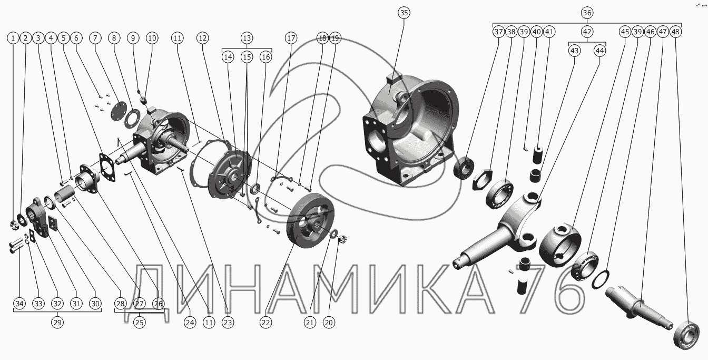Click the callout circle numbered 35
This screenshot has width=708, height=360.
pyautogui.click(x=404, y=13)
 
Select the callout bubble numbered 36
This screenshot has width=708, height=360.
pyautogui.click(x=587, y=13)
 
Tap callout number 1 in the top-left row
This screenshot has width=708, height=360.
pyautogui.click(x=13, y=38)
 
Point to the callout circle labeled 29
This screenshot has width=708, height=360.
pyautogui.click(x=57, y=323)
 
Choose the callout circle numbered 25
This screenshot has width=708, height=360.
pyautogui.click(x=140, y=323)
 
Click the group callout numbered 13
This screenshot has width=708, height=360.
pyautogui.click(x=247, y=38)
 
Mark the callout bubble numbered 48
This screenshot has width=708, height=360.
pyautogui.click(x=675, y=32)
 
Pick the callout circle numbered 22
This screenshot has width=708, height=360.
pyautogui.click(x=266, y=323)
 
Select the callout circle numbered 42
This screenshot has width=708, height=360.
pyautogui.click(x=587, y=32)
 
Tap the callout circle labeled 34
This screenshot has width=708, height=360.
pyautogui.click(x=19, y=304)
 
